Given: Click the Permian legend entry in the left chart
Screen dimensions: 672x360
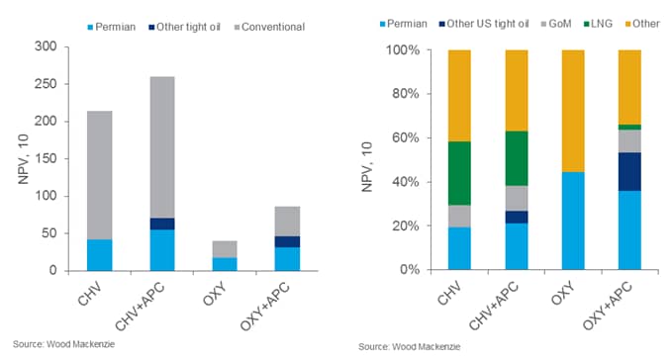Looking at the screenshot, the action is (x=112, y=27).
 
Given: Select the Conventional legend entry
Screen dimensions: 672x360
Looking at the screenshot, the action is (x=269, y=27).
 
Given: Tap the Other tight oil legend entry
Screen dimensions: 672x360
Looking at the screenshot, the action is (x=184, y=27).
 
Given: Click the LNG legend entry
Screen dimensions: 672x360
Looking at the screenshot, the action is (x=598, y=24).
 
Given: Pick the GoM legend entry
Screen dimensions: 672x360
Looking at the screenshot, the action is (x=556, y=24).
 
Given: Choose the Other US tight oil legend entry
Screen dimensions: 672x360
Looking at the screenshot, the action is (x=484, y=24).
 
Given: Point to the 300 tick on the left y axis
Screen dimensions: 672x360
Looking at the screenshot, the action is (x=46, y=46).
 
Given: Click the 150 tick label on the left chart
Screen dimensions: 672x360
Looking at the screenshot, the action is (x=46, y=158).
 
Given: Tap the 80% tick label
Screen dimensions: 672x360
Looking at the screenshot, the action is (x=406, y=94).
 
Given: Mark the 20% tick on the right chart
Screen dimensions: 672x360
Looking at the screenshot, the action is (x=406, y=225).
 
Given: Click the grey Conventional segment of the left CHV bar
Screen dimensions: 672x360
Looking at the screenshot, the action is (x=99, y=175).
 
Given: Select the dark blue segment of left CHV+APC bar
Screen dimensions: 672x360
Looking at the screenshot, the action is (x=162, y=224).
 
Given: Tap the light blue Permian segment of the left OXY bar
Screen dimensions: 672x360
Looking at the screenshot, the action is (x=225, y=264).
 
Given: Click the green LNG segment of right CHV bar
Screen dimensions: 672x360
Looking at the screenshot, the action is (x=459, y=173).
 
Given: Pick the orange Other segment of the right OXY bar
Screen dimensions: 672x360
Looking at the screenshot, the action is (x=573, y=112).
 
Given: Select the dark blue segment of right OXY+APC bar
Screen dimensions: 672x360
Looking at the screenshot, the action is (x=629, y=172).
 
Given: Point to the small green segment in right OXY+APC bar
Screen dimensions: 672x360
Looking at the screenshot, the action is (x=629, y=128).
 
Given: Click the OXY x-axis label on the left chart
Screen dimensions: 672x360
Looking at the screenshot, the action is (x=215, y=295).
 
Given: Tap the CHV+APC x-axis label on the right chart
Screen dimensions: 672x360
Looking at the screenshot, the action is (x=493, y=306).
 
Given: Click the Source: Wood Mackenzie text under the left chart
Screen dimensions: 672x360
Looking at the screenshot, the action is (x=64, y=344).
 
